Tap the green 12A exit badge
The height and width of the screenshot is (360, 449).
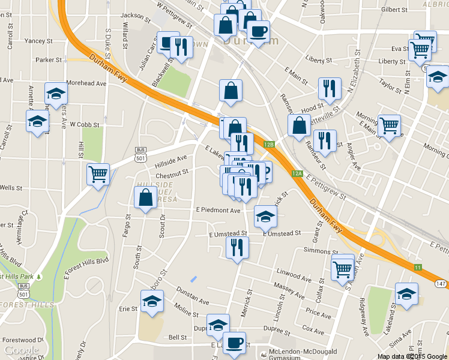click(297, 173)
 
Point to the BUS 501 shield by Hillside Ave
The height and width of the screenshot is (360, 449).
click(141, 154)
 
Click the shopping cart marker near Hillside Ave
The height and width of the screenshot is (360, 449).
click(98, 175)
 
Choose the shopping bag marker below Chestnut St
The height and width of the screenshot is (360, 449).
click(146, 197)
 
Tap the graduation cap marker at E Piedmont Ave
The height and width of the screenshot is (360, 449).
click(265, 217)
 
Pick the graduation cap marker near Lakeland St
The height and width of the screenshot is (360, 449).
click(406, 294)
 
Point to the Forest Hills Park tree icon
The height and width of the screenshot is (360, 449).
click(39, 277)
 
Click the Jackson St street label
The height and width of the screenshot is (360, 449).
click(134, 15)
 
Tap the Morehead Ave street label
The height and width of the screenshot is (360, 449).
click(86, 83)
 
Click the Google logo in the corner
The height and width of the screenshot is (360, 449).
click(21, 350)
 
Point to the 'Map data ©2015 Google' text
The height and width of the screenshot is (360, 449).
click(412, 356)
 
